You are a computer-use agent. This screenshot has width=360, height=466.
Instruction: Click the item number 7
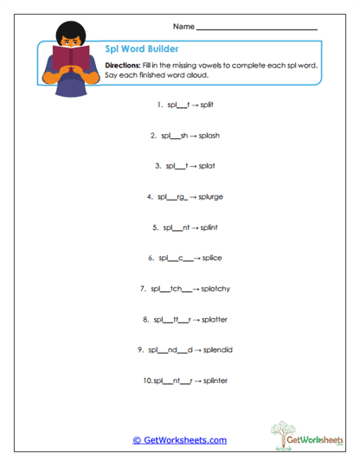tap(142, 288)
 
